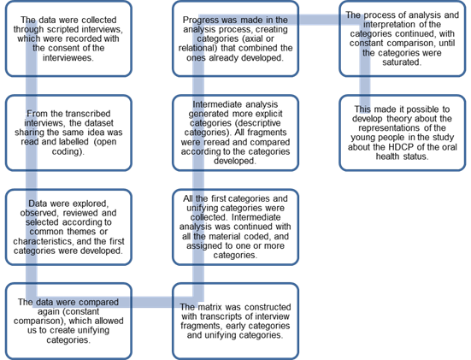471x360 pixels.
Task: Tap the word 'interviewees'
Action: click(68, 57)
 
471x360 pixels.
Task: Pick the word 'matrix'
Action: click(209, 307)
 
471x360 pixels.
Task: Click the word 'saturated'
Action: click(402, 62)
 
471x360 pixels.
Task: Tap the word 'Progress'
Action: click(199, 20)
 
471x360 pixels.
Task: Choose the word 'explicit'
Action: click(269, 114)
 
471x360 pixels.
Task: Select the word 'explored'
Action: click(92, 204)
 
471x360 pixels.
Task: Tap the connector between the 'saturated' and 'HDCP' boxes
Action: click(365, 86)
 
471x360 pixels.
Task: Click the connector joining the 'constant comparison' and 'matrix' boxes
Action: click(152, 302)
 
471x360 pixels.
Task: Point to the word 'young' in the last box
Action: click(362, 138)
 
